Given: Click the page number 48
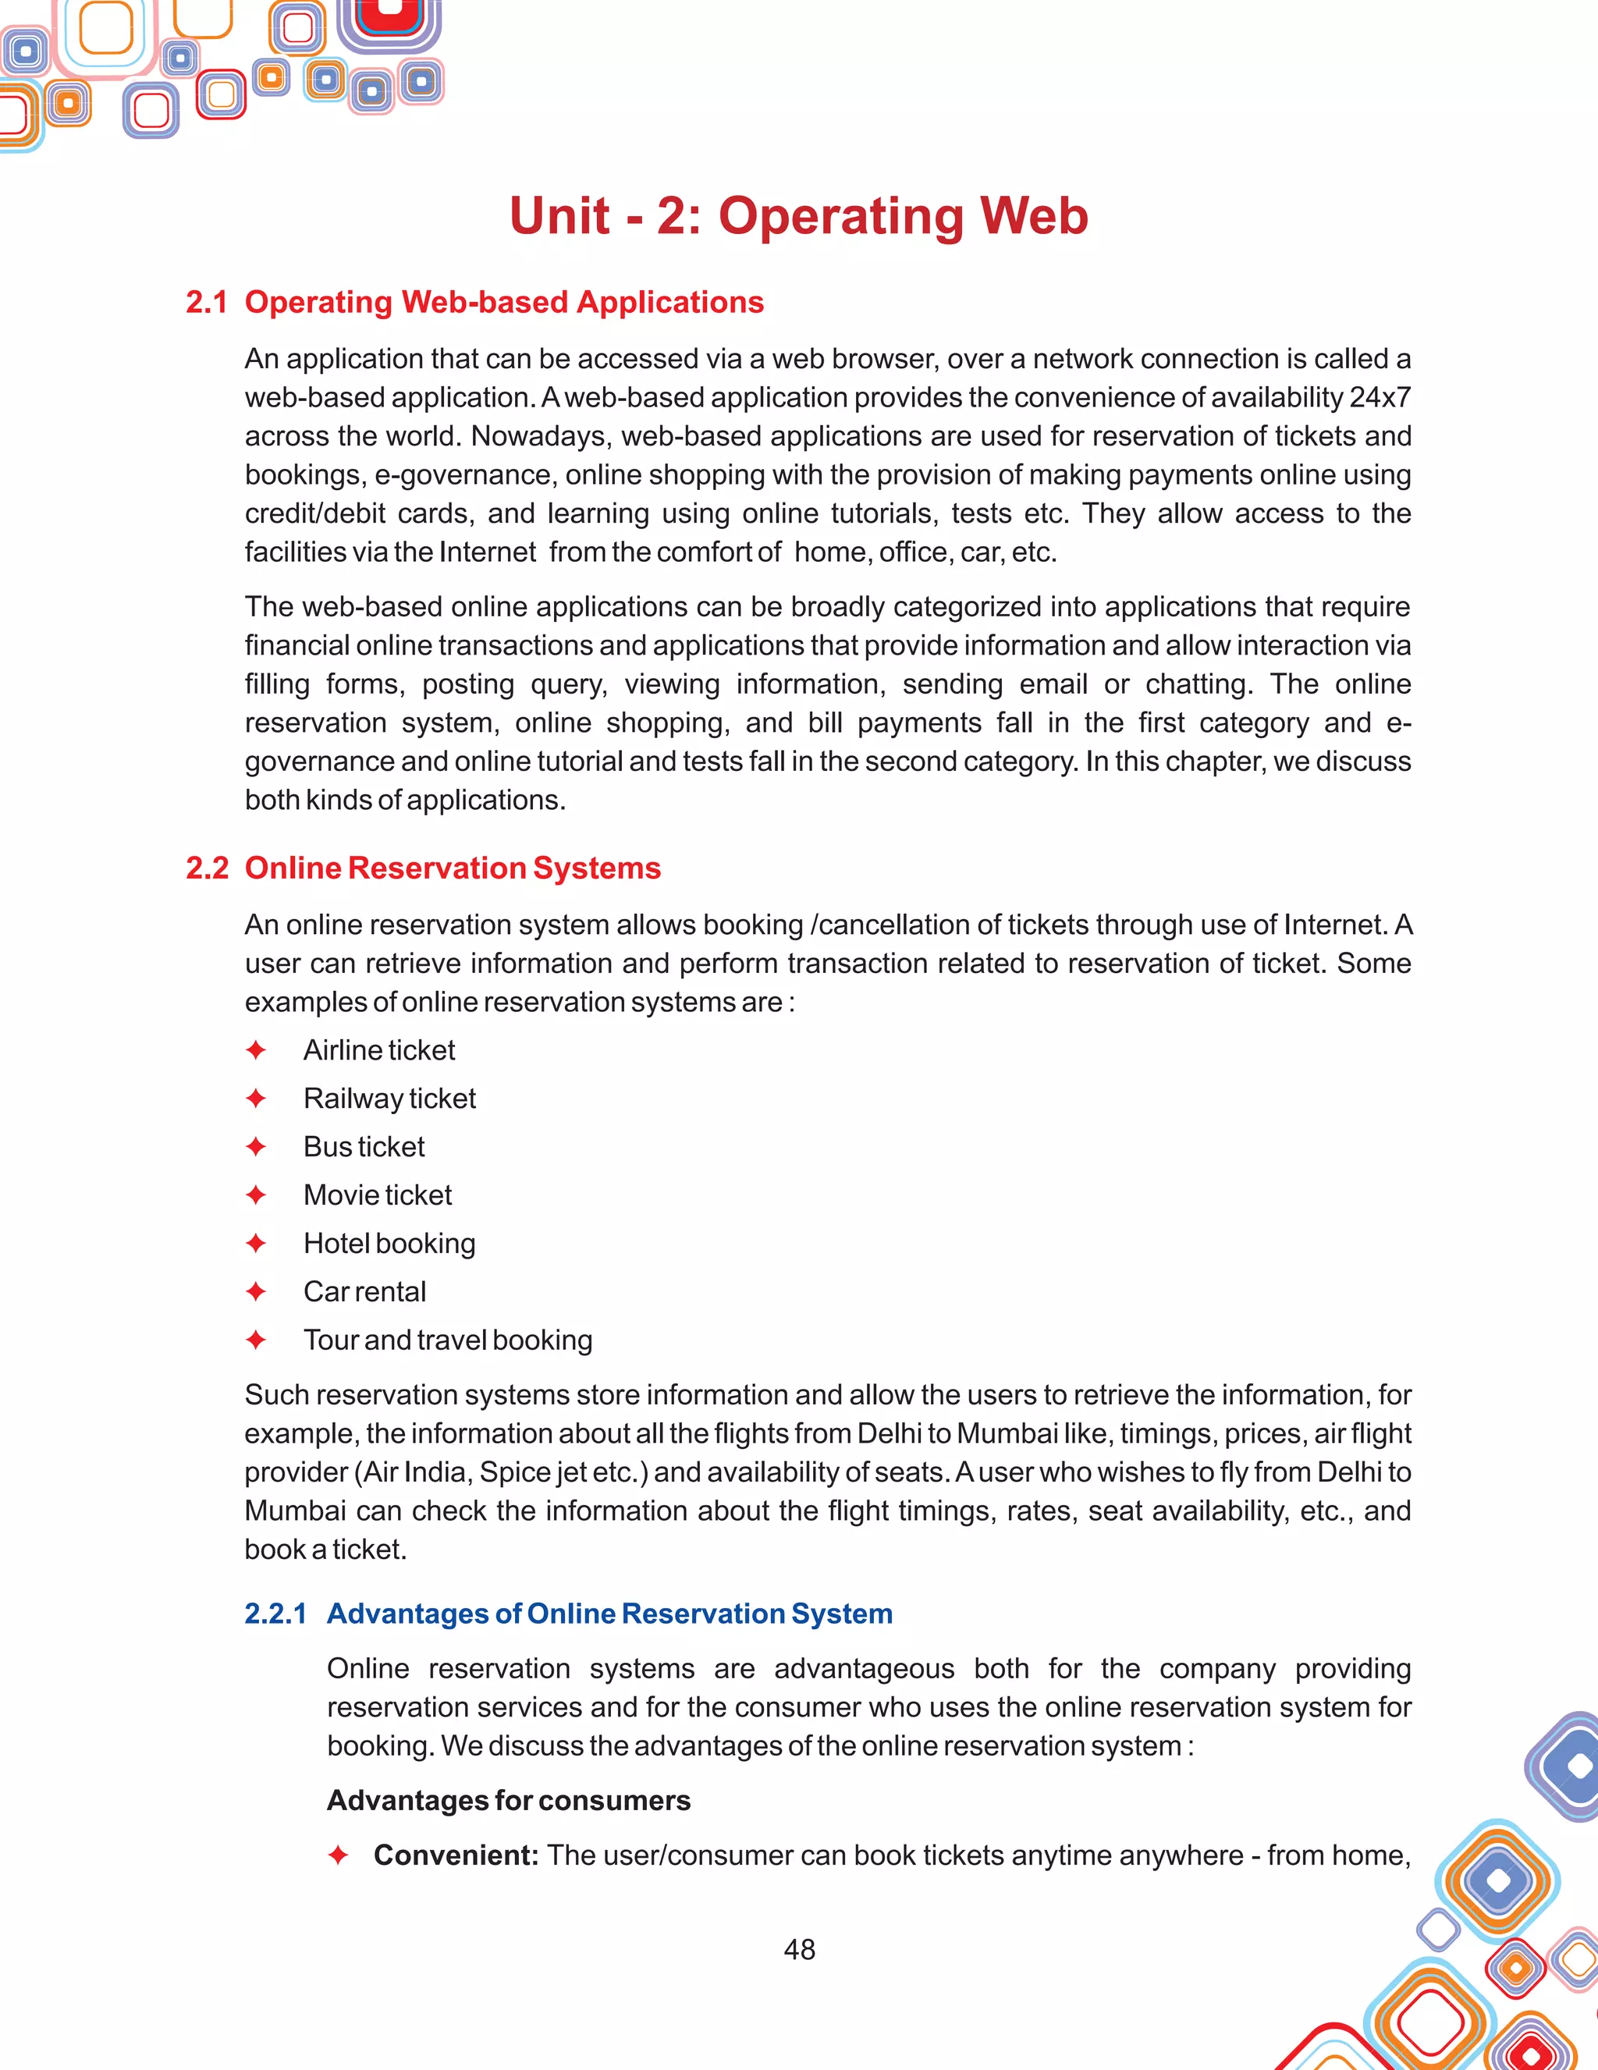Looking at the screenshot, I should click(799, 1949).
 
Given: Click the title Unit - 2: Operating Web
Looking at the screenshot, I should click(799, 215).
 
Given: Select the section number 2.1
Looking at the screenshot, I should click(207, 303).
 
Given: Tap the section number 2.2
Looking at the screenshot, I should click(207, 868).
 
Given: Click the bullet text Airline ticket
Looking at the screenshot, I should click(379, 1050).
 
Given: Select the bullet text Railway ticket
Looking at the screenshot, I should click(389, 1099).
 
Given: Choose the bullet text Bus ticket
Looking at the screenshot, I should click(364, 1147).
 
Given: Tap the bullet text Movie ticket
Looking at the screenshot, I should click(377, 1195).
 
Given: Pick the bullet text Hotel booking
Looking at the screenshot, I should click(389, 1244).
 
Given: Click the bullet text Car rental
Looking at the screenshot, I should click(365, 1292).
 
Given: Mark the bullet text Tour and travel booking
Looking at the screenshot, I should click(447, 1340).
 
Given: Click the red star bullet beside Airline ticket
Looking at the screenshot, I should click(255, 1050).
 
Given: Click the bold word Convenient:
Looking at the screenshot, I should click(456, 1855).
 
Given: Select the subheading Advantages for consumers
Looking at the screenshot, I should click(508, 1800).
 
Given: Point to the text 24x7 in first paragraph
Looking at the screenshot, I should click(1380, 397).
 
